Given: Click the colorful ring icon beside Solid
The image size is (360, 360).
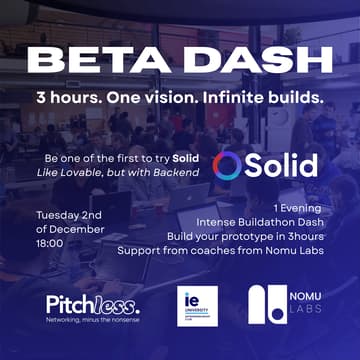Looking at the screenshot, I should coord(227,165).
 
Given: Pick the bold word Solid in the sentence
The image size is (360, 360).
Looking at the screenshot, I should coord(184,160).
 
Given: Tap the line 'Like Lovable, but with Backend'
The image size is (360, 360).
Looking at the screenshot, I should coord(132,175).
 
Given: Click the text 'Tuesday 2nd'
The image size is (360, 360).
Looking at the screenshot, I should coord(73,215).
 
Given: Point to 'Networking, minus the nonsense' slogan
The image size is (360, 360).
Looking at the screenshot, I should coord(92,319).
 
